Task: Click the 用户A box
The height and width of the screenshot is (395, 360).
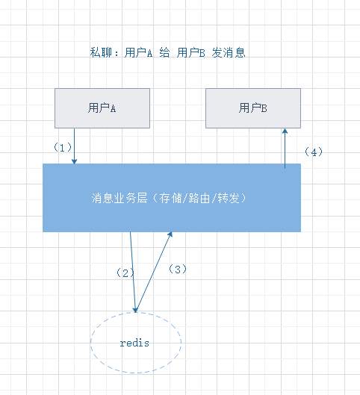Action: [102, 108]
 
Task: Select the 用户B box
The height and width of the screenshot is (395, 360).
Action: [253, 108]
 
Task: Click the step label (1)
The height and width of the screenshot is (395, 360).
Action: [63, 147]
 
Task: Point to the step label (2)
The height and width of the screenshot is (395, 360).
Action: [125, 273]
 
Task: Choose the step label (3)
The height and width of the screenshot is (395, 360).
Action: [178, 270]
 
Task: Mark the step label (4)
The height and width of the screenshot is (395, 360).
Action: [314, 152]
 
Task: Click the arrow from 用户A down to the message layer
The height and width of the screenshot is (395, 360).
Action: [75, 146]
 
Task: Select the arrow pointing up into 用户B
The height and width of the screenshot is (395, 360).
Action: [285, 148]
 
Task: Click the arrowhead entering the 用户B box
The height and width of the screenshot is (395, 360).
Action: [285, 131]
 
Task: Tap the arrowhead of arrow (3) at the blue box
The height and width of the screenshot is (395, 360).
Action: [170, 234]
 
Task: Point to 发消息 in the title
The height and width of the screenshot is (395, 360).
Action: [229, 53]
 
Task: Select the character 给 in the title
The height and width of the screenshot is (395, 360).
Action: [164, 53]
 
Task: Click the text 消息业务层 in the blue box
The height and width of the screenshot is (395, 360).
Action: [120, 198]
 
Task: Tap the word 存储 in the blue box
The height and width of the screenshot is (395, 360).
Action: [170, 198]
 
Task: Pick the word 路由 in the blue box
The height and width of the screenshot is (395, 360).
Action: [199, 198]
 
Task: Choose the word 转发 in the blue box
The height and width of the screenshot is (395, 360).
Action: [229, 198]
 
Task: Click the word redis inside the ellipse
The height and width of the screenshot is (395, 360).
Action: [134, 343]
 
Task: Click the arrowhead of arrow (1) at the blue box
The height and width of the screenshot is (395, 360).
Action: [75, 161]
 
